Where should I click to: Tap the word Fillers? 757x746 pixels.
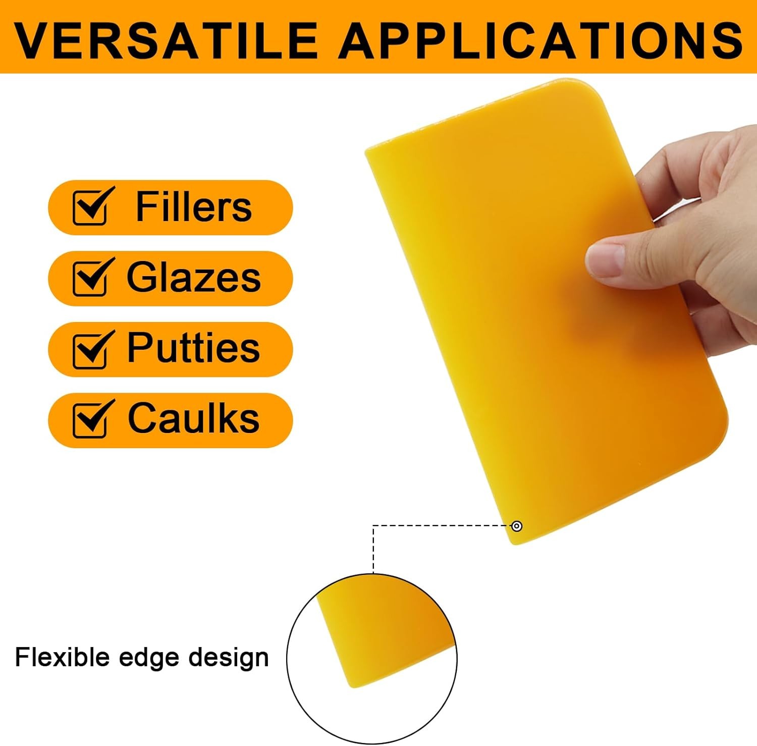pyautogui.click(x=194, y=206)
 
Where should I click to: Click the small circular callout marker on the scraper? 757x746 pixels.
pyautogui.click(x=517, y=526)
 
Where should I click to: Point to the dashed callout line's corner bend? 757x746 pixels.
pyautogui.click(x=373, y=526)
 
